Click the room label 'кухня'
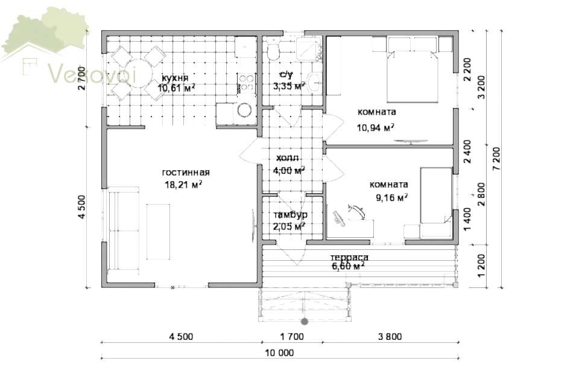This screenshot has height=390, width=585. [175, 78]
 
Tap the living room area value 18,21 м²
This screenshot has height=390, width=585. [183, 185]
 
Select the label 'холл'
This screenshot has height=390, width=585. [287, 158]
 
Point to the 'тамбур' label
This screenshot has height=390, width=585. [290, 215]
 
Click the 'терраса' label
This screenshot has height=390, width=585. [349, 258]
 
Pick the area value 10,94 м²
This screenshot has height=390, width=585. [375, 128]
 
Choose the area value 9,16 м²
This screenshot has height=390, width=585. [391, 197]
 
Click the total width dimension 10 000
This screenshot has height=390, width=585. [279, 353]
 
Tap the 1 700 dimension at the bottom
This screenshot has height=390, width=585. [292, 337]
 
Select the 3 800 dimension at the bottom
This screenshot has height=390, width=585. [390, 337]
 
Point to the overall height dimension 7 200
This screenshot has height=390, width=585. [496, 159]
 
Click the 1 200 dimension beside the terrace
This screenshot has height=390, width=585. [482, 266]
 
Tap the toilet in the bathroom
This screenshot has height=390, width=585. [273, 52]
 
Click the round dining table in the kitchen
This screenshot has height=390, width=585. [138, 73]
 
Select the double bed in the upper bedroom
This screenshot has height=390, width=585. [412, 69]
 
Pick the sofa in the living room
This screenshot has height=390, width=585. [124, 228]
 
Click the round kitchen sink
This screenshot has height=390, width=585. [244, 110]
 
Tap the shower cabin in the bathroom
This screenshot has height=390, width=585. [309, 49]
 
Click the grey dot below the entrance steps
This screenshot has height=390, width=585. [305, 321]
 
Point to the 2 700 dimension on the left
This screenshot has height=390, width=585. [81, 78]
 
